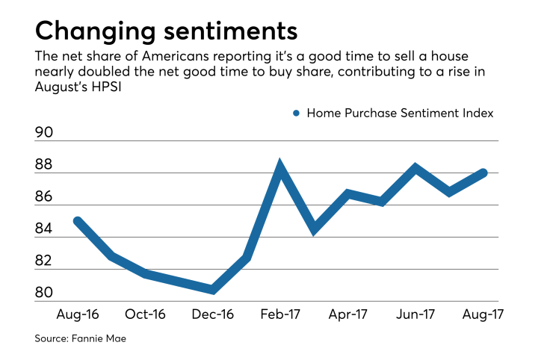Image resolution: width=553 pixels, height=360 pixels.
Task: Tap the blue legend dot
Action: click(296, 114)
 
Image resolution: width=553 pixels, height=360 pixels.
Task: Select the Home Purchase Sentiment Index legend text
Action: click(401, 114)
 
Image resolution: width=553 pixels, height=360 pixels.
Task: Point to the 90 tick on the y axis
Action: click(45, 133)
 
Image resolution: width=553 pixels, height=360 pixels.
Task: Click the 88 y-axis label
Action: click(45, 165)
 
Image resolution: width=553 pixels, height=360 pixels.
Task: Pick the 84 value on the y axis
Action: click(45, 229)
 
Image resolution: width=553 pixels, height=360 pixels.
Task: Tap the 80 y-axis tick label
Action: click(45, 294)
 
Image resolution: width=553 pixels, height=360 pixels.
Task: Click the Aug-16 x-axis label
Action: click(77, 314)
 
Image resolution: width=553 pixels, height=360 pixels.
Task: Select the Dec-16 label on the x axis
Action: click(213, 314)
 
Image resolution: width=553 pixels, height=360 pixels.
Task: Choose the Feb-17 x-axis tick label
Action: click(280, 314)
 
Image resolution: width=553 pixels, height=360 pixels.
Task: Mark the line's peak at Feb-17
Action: click(280, 167)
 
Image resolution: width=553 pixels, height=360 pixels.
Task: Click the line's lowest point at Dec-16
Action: click(213, 289)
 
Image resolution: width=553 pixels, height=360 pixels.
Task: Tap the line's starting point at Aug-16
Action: click(78, 221)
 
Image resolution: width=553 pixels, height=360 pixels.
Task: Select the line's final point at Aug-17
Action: click(484, 173)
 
